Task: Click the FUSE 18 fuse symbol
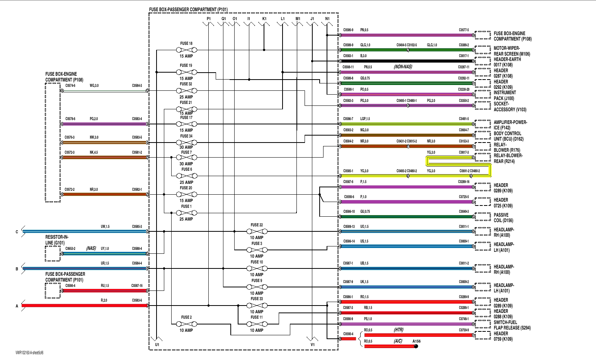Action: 186,50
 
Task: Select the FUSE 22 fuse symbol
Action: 257,231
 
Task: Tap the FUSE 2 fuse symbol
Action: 186,324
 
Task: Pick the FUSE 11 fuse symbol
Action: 257,324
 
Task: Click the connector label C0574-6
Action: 70,86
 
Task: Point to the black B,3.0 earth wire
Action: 406,61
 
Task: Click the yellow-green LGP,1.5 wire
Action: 406,124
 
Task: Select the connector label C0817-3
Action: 464,153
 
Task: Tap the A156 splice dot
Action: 416,346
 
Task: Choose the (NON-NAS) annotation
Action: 403,67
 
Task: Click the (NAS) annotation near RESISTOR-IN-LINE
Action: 91,248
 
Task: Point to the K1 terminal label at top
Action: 264,19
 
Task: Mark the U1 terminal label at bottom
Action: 157,344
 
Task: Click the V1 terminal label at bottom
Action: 313,344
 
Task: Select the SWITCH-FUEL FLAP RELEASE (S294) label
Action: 512,325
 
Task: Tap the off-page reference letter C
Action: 17,232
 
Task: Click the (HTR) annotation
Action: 398,330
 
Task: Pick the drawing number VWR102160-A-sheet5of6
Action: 29,353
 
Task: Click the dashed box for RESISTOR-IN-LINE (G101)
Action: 53,253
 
